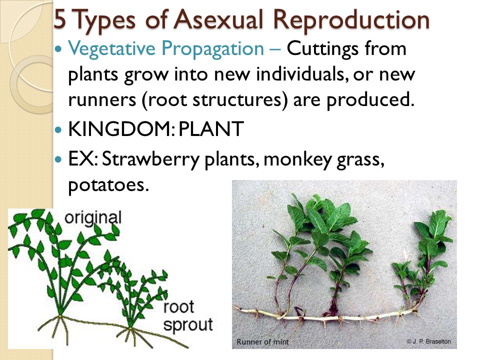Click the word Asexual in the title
(219, 19)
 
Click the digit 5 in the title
(60, 19)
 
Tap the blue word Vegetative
(111, 49)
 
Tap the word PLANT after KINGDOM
(211, 128)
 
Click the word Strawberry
(150, 159)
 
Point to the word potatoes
(108, 185)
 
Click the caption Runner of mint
(262, 341)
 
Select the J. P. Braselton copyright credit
(428, 341)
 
